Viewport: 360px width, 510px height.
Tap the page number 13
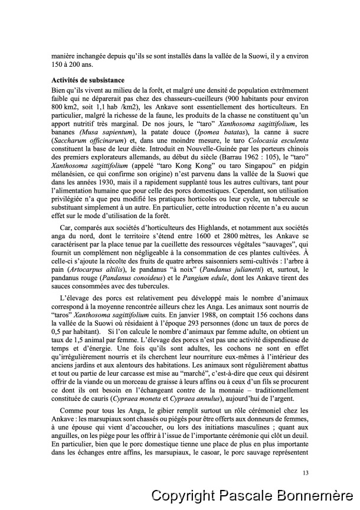pos(305,472)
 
